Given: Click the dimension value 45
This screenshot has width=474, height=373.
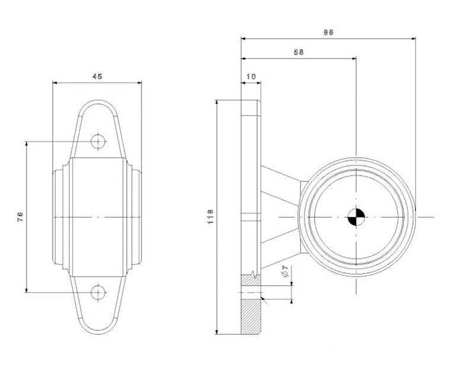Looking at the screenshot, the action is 97,76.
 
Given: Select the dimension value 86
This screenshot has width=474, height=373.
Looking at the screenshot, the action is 328,33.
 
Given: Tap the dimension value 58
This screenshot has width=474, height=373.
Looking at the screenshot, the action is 299,52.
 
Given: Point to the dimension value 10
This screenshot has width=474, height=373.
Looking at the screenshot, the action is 251,76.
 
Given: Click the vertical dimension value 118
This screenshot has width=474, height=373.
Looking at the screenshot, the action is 211,216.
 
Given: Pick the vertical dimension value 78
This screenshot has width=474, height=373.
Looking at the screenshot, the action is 20,216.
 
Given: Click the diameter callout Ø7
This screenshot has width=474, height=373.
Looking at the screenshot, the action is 286,271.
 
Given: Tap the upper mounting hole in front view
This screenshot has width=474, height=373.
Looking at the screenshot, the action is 98,141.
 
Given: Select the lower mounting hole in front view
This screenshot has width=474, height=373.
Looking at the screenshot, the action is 98,292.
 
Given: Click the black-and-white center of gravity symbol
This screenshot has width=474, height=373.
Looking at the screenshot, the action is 356,217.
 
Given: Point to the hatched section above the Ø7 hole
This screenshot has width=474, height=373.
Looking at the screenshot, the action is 251,280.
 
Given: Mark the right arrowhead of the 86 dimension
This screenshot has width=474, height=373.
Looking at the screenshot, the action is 413,39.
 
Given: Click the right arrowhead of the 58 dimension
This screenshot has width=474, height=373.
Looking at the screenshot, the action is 354,58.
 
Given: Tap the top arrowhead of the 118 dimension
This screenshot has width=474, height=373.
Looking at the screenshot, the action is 216,103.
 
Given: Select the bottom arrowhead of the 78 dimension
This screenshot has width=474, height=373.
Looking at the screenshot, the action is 27,290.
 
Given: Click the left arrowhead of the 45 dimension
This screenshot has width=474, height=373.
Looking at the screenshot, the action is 55,82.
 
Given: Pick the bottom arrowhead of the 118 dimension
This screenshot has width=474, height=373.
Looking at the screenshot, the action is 216,331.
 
